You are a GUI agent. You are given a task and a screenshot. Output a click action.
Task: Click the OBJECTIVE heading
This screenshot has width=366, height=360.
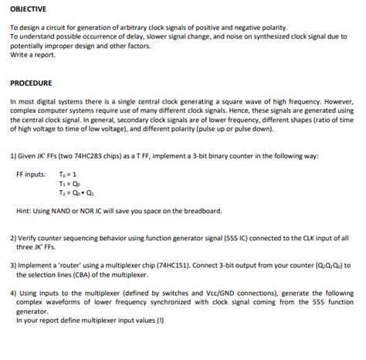28,9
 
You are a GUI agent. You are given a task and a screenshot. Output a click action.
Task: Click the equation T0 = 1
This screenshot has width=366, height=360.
69,174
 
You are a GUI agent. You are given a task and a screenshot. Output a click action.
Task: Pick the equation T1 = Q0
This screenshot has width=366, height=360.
69,183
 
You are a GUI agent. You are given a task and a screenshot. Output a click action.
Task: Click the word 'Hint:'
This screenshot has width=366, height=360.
23,211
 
